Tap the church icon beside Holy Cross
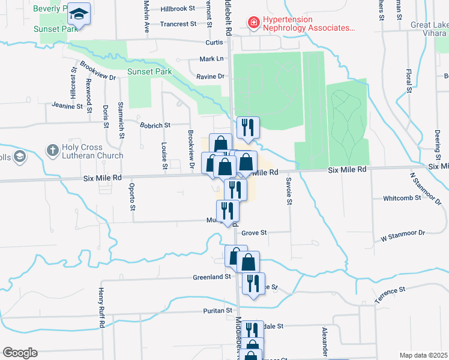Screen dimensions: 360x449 pyautogui.click(x=53, y=149)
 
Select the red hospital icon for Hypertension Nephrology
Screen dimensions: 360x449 pyautogui.click(x=254, y=23)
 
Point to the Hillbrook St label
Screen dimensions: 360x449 pyautogui.click(x=178, y=9)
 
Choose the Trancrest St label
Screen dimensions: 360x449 pyautogui.click(x=178, y=24)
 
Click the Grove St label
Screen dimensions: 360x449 pyautogui.click(x=254, y=232)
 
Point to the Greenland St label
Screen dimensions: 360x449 pyautogui.click(x=211, y=277)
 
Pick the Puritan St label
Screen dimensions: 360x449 pyautogui.click(x=220, y=310)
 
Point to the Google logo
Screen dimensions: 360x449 pyautogui.click(x=20, y=353)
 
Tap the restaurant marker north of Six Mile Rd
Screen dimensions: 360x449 pyautogui.click(x=247, y=127)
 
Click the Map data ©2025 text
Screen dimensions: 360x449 pyautogui.click(x=423, y=355)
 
